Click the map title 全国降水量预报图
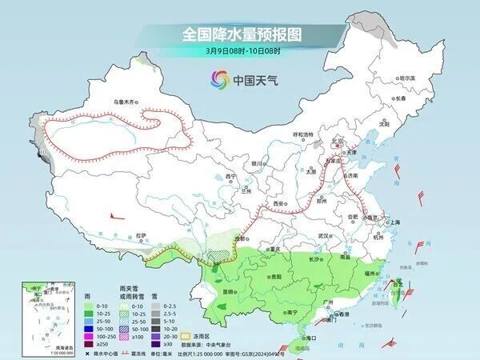click(x=240, y=34)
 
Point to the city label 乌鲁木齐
click(x=126, y=102)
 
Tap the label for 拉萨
click(x=142, y=235)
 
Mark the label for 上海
click(x=393, y=222)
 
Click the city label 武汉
click(x=324, y=236)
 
